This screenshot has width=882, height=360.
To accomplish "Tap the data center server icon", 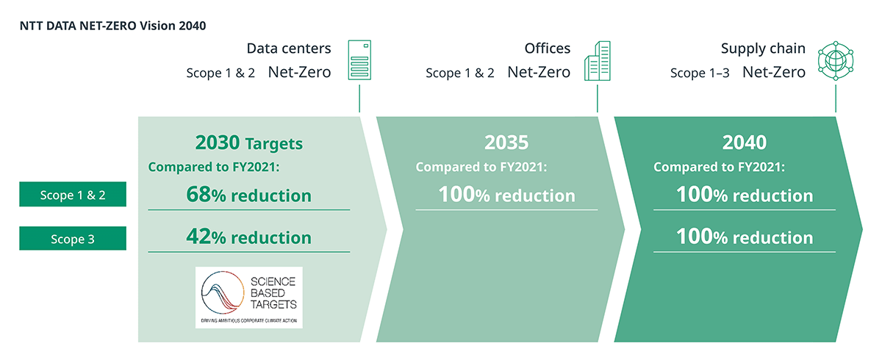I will click(359, 61).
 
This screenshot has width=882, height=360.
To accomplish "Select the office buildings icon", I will click(597, 61).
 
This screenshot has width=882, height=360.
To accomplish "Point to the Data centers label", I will click(289, 49).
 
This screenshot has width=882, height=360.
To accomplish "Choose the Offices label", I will click(547, 49).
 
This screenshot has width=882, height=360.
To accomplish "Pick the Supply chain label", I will click(763, 49).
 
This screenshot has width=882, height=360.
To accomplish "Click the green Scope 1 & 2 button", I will click(73, 195).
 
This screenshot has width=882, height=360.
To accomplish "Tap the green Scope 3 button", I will click(73, 238).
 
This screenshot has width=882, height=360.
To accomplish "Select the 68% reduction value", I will click(248, 195).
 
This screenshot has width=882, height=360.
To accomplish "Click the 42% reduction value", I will click(248, 237).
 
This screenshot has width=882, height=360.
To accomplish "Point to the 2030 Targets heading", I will click(248, 142).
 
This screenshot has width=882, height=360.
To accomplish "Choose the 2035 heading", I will click(506, 142).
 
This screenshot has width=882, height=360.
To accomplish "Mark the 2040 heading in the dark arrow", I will click(744, 142).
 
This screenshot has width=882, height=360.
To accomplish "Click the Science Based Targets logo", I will click(248, 298).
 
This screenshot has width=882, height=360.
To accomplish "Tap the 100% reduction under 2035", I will click(506, 195).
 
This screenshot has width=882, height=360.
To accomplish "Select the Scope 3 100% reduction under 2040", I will click(744, 237).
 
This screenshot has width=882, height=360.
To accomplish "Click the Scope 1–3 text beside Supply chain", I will click(700, 73).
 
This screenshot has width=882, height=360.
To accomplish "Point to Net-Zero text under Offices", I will click(539, 72).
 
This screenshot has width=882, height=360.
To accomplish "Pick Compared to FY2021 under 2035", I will click(481, 168).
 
